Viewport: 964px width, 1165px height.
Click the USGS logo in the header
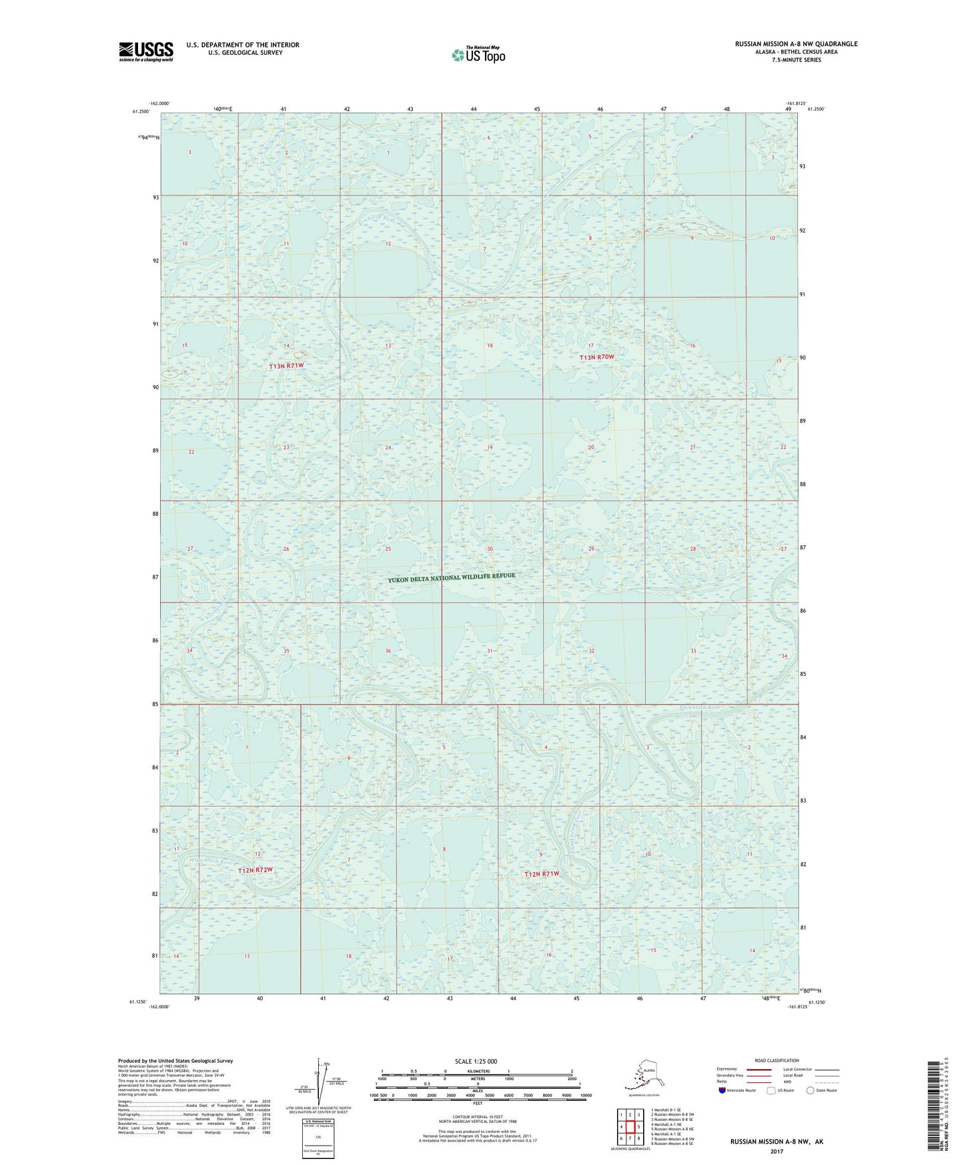(145, 51)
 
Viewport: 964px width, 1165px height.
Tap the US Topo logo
(478, 55)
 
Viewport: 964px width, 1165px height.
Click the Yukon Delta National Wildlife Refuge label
(452, 578)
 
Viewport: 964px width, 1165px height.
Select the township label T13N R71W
(286, 366)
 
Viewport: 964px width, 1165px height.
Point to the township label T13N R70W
(596, 358)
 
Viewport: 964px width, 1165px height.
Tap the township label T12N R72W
(256, 870)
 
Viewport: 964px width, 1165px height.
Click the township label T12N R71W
(541, 873)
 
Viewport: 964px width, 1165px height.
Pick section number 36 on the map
(388, 651)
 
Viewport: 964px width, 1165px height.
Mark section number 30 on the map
(490, 549)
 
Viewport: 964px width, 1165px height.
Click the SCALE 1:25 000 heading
(476, 1061)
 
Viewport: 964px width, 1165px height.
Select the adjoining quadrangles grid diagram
(630, 1128)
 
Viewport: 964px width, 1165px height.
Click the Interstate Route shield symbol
(722, 1090)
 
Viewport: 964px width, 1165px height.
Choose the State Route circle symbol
(810, 1090)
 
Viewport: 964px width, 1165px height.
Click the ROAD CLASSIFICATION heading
(777, 1060)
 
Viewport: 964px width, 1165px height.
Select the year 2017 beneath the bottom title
(776, 1152)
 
